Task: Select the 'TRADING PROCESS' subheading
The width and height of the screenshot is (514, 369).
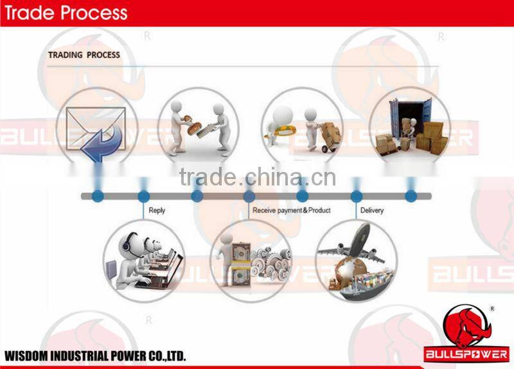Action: pyautogui.click(x=84, y=55)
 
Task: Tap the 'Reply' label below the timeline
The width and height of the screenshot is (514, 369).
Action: pyautogui.click(x=157, y=210)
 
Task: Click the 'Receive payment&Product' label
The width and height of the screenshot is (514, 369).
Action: pyautogui.click(x=292, y=210)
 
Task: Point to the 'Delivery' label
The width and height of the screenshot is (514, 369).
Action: pyautogui.click(x=372, y=210)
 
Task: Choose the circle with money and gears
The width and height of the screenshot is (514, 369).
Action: pyautogui.click(x=251, y=261)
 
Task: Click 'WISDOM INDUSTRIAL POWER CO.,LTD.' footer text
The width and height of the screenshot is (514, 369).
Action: pyautogui.click(x=95, y=356)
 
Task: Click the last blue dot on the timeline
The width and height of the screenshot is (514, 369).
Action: pyautogui.click(x=410, y=196)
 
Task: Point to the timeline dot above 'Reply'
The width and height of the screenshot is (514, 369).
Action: pyautogui.click(x=143, y=196)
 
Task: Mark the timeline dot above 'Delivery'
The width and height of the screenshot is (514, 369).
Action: pyautogui.click(x=357, y=196)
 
